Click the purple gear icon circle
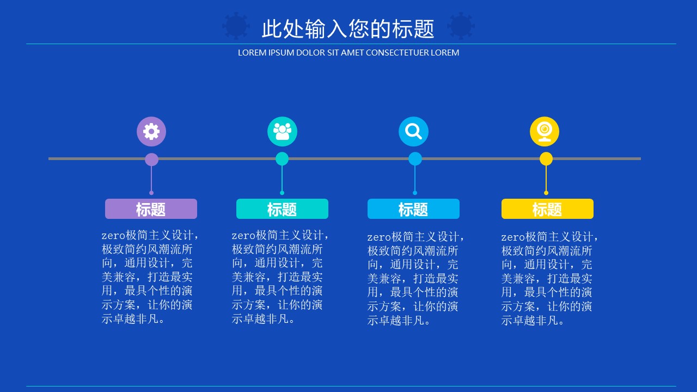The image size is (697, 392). click(151, 131)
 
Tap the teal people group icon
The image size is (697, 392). click(282, 131)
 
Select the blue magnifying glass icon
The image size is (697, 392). click(413, 131)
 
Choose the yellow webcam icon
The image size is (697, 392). click(545, 131)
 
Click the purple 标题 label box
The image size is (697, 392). click(151, 209)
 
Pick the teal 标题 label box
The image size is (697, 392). click(282, 209)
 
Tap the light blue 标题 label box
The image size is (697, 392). click(413, 209)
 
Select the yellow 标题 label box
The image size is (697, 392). click(547, 209)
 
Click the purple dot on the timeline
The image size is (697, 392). click(151, 160)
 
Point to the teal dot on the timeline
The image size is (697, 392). click(282, 159)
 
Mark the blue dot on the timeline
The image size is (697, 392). click(415, 159)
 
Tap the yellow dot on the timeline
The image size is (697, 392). click(546, 159)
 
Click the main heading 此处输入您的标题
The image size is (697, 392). click(348, 29)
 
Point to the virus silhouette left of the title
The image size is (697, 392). click(236, 26)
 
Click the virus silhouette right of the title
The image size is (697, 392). click(461, 26)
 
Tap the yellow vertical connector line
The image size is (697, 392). click(546, 180)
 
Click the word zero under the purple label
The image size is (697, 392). click(113, 236)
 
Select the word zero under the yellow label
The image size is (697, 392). click(513, 237)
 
